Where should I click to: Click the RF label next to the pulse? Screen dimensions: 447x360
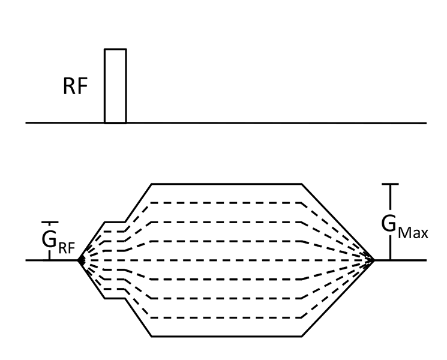click(75, 87)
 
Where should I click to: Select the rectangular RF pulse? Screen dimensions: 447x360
click(115, 86)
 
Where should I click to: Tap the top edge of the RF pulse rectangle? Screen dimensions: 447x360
click(115, 49)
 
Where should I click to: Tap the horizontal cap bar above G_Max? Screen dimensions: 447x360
click(391, 184)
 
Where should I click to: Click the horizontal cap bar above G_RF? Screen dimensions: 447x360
click(49, 223)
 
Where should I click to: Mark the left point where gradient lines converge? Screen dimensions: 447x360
click(80, 260)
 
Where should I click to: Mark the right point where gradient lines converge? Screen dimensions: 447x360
click(373, 260)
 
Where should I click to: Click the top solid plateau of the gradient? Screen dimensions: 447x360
click(225, 184)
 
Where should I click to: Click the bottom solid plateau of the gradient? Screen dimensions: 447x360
click(225, 337)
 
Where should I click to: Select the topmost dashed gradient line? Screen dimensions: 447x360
click(225, 203)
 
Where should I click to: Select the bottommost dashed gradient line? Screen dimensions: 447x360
click(225, 317)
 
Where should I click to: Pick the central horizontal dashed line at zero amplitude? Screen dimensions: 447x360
click(225, 260)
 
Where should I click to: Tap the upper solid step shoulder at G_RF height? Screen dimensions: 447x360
click(116, 222)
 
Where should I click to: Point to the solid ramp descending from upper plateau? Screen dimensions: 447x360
click(336, 222)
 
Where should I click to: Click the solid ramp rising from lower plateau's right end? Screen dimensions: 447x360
click(336, 298)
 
